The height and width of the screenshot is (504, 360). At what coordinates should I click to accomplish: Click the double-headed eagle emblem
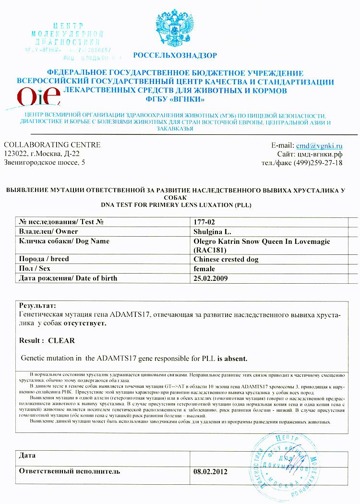click(x=174, y=28)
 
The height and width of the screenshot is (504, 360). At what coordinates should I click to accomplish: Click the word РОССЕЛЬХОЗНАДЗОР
click(x=175, y=55)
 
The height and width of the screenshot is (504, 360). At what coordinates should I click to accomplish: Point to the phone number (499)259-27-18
click(x=320, y=163)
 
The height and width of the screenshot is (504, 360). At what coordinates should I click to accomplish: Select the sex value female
click(x=204, y=269)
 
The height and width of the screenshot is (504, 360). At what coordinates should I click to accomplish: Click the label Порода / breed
click(x=44, y=259)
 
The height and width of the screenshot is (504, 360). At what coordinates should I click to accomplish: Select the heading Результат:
click(x=37, y=305)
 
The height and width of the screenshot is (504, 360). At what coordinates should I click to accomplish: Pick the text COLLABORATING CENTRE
click(x=52, y=145)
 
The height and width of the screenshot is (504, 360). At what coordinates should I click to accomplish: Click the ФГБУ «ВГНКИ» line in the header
click(x=175, y=99)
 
